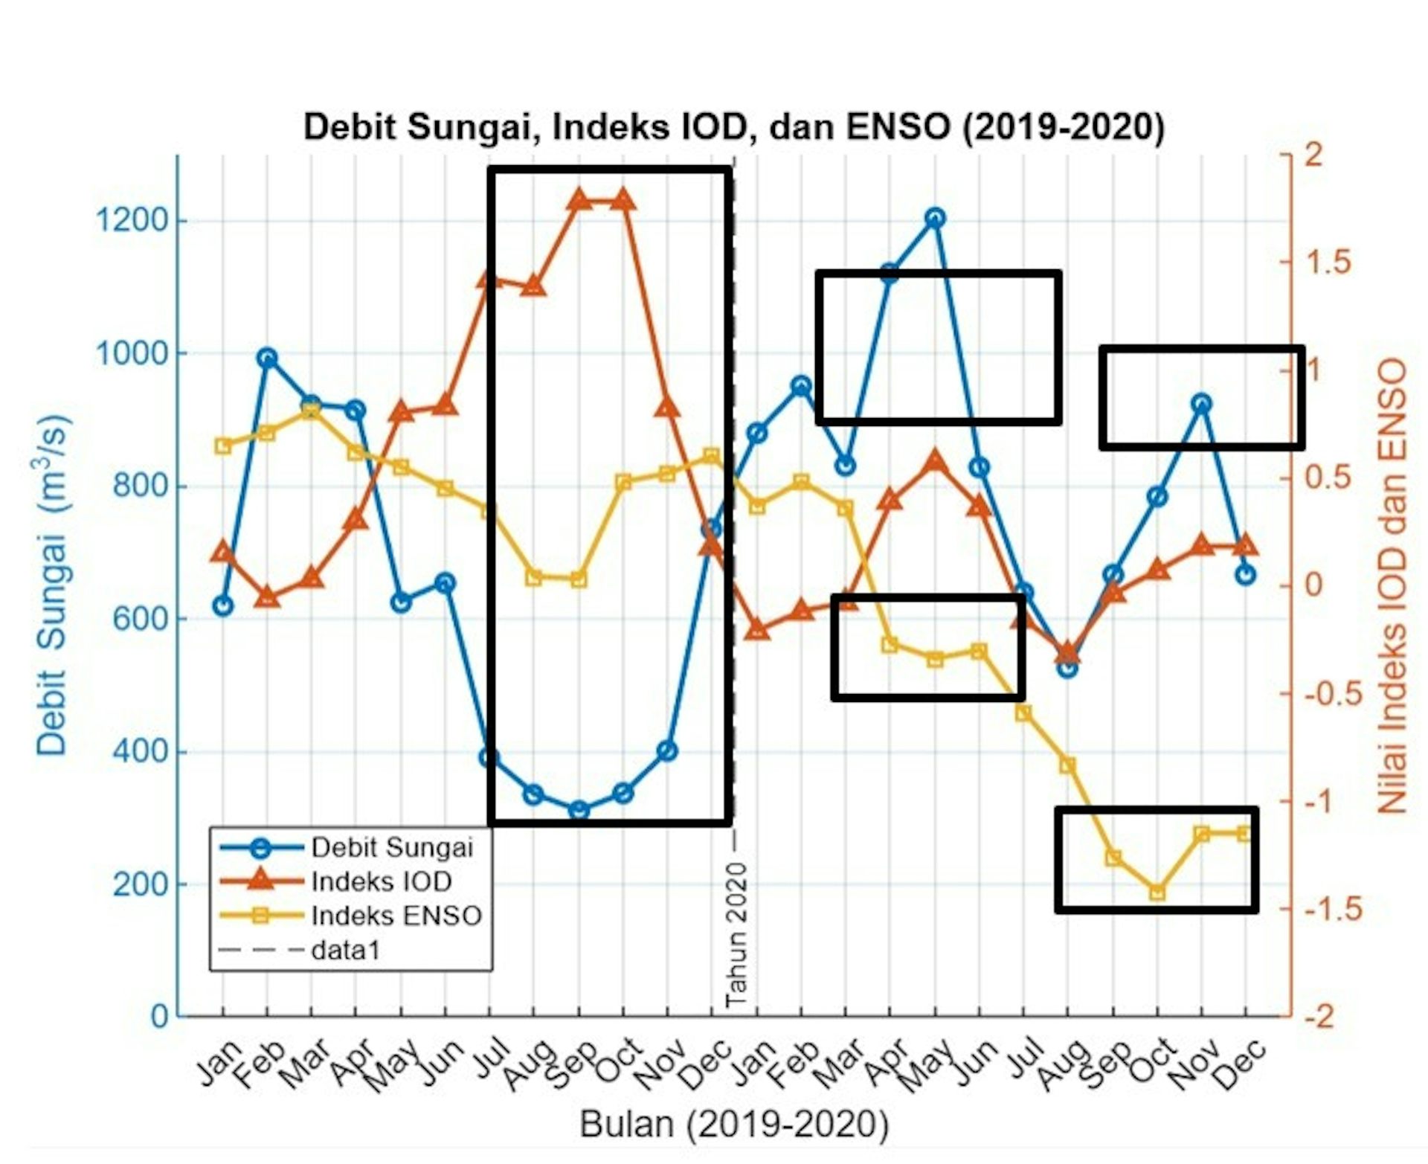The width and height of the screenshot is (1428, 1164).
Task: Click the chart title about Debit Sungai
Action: tap(733, 127)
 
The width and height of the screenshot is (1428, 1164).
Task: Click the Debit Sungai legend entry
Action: tap(350, 847)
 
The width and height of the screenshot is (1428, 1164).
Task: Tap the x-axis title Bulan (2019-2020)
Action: tap(734, 1124)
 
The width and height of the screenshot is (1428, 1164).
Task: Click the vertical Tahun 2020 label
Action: tap(736, 935)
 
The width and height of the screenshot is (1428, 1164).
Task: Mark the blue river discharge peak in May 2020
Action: tap(935, 219)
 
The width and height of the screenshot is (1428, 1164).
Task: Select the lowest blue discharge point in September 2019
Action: tap(579, 811)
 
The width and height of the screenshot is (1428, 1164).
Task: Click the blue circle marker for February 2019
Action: tap(267, 358)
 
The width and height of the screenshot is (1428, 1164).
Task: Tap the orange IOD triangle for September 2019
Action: tap(579, 199)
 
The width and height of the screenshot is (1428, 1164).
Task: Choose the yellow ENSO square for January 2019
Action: tap(222, 446)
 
